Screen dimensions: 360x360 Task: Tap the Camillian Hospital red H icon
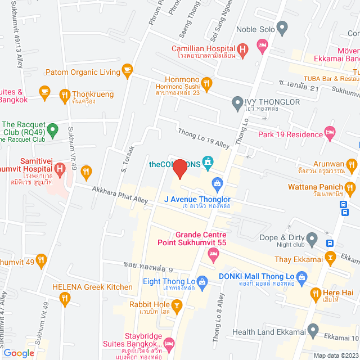242,51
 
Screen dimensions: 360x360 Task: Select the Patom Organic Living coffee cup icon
127,71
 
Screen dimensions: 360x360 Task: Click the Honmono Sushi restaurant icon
207,84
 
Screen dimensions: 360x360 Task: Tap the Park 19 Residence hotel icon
330,134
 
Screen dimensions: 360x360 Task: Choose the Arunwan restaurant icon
352,164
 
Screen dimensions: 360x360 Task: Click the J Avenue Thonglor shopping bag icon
217,183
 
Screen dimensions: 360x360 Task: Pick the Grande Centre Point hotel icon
213,255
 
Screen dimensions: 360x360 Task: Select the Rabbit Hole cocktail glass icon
177,307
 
